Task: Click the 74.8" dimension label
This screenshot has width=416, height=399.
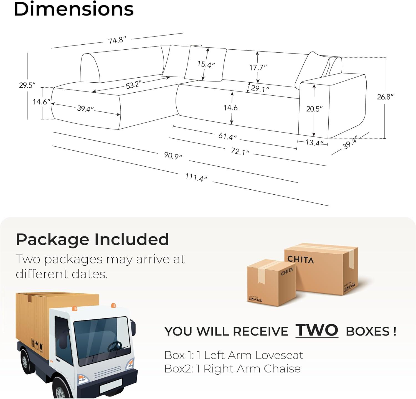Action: click(x=117, y=40)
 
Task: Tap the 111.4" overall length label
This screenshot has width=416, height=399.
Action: click(x=196, y=177)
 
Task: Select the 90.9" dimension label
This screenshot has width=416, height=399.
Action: click(x=173, y=156)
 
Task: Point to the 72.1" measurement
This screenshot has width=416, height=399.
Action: click(x=240, y=151)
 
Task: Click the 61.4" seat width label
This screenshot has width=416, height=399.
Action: click(x=227, y=136)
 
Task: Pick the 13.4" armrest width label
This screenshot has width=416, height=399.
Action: click(x=314, y=143)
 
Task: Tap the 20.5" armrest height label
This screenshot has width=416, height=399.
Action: click(x=314, y=109)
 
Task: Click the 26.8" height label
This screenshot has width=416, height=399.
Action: click(x=385, y=97)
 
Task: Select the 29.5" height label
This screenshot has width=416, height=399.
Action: click(x=27, y=85)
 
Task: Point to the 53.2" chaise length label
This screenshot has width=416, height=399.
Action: click(x=134, y=85)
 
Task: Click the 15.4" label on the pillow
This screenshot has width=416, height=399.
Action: click(x=206, y=65)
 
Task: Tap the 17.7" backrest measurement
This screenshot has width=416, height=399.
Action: click(x=258, y=67)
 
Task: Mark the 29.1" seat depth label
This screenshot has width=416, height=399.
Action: click(x=260, y=88)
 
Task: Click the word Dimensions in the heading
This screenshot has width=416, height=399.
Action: click(x=74, y=9)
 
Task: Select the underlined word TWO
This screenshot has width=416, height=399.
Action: click(x=317, y=330)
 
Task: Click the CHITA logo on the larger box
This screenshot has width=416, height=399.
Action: click(x=301, y=260)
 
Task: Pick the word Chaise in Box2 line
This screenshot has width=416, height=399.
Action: click(x=282, y=369)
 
